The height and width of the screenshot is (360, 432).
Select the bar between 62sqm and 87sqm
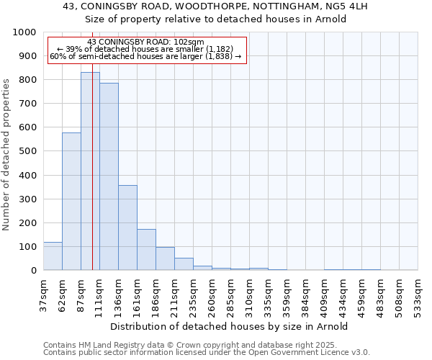pyautogui.click(x=71, y=202)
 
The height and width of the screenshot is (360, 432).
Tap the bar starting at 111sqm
pyautogui.click(x=109, y=176)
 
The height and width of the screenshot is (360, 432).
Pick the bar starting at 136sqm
pyautogui.click(x=127, y=228)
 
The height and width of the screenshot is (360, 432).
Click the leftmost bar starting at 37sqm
pyautogui.click(x=53, y=256)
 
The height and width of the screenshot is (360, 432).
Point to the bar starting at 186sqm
pyautogui.click(x=165, y=258)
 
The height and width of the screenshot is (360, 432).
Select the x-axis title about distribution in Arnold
pyautogui.click(x=230, y=326)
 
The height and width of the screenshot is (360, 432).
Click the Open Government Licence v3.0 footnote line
pyautogui.click(x=207, y=353)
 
